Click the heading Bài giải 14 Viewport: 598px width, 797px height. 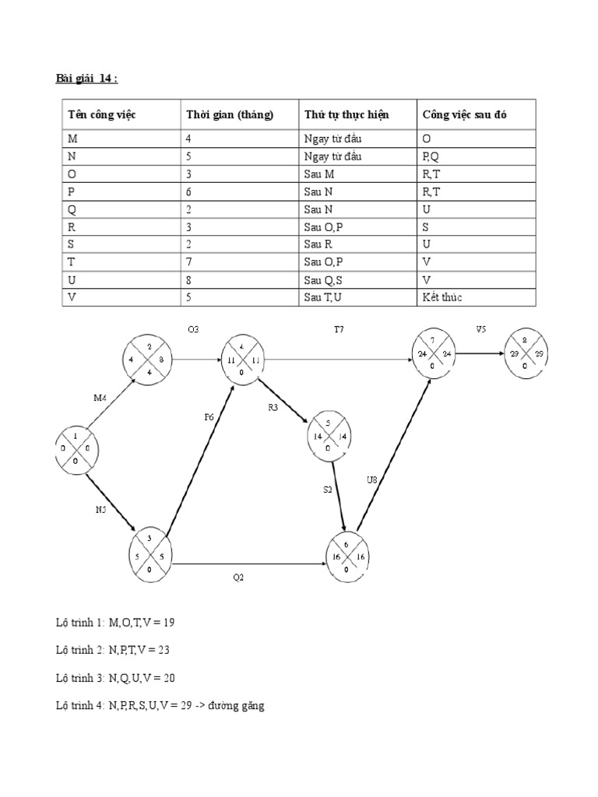(x=87, y=78)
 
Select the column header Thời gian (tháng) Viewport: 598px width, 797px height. (x=230, y=115)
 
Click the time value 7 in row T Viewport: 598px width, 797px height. (x=189, y=262)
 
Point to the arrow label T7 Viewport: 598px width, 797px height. (x=339, y=330)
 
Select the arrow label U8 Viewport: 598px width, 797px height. (x=372, y=479)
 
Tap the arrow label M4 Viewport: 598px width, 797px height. (x=100, y=398)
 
